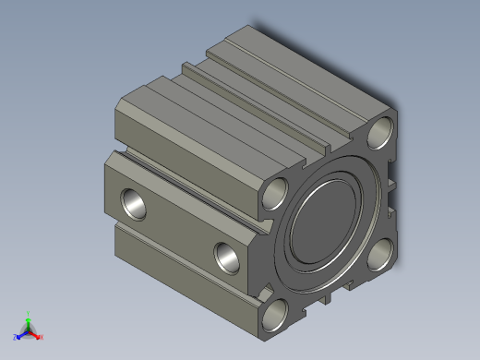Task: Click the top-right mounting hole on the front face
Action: pyautogui.click(x=380, y=134)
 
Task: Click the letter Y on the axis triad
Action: pyautogui.click(x=29, y=313)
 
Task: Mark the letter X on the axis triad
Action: pyautogui.click(x=42, y=337)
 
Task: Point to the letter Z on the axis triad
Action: pyautogui.click(x=16, y=337)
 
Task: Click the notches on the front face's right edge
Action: pyautogui.click(x=394, y=185)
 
